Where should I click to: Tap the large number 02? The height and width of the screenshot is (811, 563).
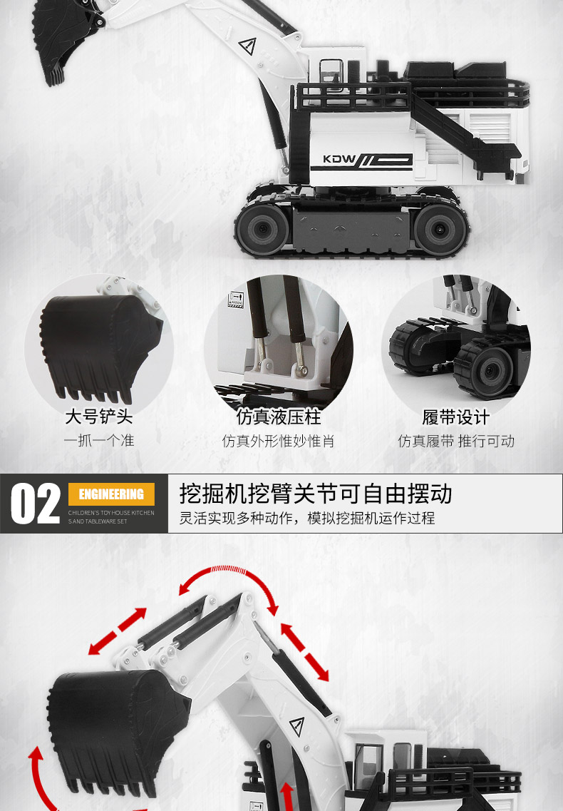tap(35, 504)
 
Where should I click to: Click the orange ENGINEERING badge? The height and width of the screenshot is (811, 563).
tap(111, 494)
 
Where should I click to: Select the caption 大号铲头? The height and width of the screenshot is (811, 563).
tap(99, 417)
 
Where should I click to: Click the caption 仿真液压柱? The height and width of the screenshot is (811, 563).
tap(279, 417)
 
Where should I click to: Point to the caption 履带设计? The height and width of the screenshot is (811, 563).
tap(455, 417)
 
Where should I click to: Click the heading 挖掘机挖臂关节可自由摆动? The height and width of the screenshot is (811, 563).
tap(316, 494)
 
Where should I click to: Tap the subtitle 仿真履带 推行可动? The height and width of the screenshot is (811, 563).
tap(456, 442)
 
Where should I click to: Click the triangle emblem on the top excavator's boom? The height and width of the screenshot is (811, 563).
tap(248, 46)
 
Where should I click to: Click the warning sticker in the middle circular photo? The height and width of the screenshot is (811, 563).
tap(236, 300)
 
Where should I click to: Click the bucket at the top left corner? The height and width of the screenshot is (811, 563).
tap(65, 39)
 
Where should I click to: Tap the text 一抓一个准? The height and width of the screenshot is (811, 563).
tap(99, 441)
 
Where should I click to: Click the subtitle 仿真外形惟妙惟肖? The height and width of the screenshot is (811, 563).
tap(278, 442)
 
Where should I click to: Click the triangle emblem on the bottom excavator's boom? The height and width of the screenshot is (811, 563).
tap(297, 726)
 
